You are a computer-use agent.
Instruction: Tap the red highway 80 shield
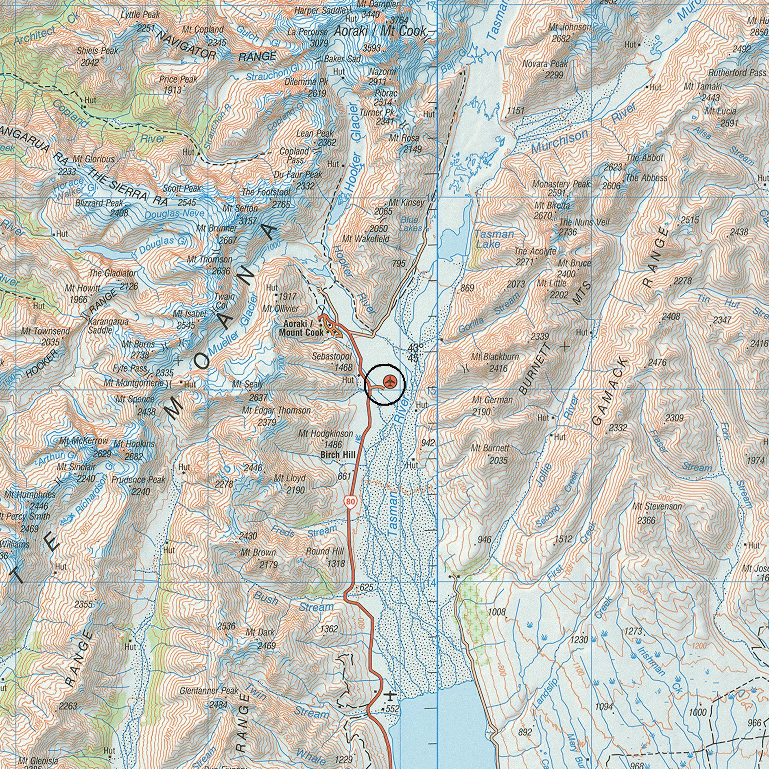pos(351,502)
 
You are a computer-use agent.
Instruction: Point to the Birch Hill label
pos(338,454)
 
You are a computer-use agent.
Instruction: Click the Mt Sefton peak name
pos(240,208)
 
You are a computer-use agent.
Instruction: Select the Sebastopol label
pos(332,356)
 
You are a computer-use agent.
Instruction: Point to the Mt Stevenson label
pos(657,507)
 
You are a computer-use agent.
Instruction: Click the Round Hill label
pos(325,551)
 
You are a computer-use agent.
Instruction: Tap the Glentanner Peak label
pos(209,691)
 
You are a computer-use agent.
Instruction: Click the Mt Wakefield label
pos(366,238)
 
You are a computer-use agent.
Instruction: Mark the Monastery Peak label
pos(561,184)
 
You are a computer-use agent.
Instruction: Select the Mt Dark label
pos(260,632)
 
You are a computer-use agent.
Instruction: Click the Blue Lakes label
pos(411,224)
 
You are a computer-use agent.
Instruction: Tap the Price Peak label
pos(178,79)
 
